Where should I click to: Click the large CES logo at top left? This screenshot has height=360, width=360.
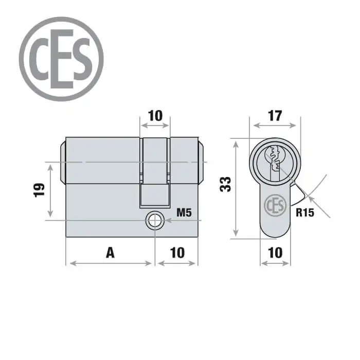click(x=61, y=59)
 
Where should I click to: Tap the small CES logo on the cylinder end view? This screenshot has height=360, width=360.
click(x=275, y=205)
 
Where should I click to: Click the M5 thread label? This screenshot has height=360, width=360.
click(x=184, y=212)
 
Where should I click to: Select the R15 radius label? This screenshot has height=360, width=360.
click(x=304, y=212)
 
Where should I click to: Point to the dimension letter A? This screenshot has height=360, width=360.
click(x=110, y=253)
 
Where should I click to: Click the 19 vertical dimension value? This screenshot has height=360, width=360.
click(x=39, y=190)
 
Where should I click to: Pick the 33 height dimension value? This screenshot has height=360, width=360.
click(x=225, y=184)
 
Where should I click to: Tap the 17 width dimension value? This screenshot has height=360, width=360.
click(x=275, y=116)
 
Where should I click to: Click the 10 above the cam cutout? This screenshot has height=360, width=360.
click(x=155, y=116)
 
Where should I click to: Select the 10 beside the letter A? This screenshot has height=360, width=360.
click(x=177, y=253)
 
